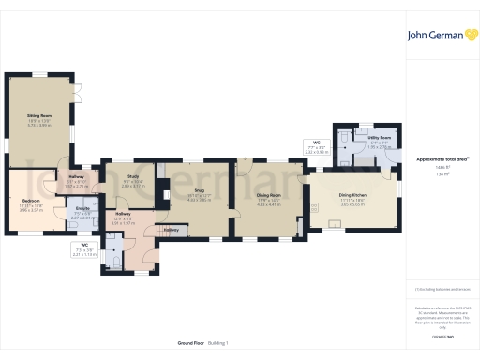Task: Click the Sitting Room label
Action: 38,114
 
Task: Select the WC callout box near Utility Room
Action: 319,146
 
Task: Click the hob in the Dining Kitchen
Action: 303,202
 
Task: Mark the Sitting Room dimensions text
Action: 38,122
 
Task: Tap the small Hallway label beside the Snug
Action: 172,229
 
